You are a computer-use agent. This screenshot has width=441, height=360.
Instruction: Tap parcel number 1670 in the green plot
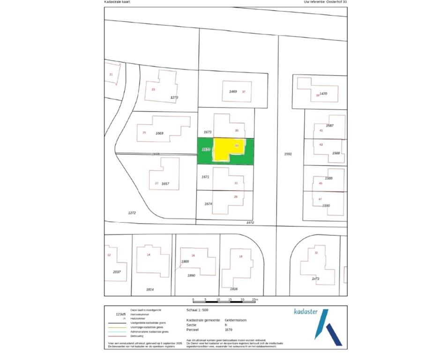pyautogui.click(x=205, y=149)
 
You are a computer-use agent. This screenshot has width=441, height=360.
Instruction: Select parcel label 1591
pyautogui.click(x=288, y=153)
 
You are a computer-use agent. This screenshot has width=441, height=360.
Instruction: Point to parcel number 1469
pyautogui.click(x=233, y=91)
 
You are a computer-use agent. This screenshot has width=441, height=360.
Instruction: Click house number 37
pyautogui.click(x=244, y=91)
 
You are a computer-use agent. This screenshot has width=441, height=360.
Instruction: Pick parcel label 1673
pyautogui.click(x=208, y=133)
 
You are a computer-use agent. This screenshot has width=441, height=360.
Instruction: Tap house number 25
pyautogui.click(x=144, y=133)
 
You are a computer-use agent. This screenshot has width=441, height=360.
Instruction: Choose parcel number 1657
pyautogui.click(x=165, y=184)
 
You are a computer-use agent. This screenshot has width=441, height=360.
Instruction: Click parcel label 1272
pyautogui.click(x=132, y=212)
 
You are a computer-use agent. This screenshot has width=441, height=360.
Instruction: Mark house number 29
pyautogui.click(x=236, y=197)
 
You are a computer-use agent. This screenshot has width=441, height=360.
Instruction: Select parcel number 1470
pyautogui.click(x=323, y=94)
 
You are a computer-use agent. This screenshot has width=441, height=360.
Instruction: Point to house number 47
pyautogui.click(x=320, y=199)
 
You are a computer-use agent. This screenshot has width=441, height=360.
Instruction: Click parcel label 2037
pyautogui.click(x=117, y=272)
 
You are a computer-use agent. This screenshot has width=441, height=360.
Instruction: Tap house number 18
pyautogui.click(x=241, y=256)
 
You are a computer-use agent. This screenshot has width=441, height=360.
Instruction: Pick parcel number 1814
pyautogui.click(x=150, y=290)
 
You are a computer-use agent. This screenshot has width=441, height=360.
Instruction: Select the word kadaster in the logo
pyautogui.click(x=306, y=311)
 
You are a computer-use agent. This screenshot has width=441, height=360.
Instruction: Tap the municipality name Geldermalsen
pyautogui.click(x=235, y=321)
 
